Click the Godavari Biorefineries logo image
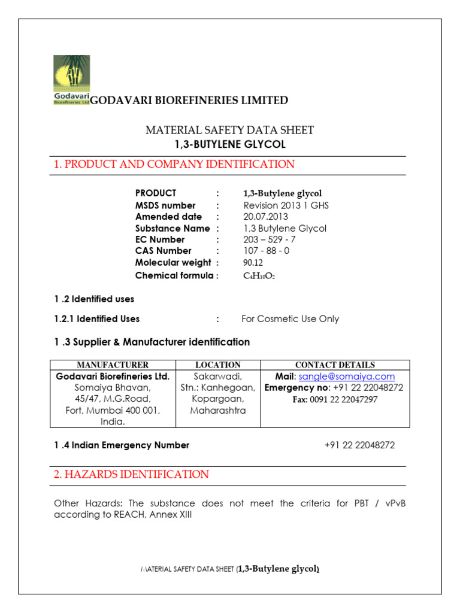tap(72, 80)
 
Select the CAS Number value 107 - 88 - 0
tap(266, 251)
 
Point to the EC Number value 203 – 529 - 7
tap(269, 239)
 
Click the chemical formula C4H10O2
tap(259, 276)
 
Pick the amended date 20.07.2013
tap(265, 217)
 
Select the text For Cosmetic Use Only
tap(290, 318)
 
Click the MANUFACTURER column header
tap(113, 365)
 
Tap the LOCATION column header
tap(218, 365)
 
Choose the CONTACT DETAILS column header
tap(335, 365)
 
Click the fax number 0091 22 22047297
tap(335, 399)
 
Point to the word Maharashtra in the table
tap(218, 411)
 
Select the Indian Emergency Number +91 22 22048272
tap(359, 445)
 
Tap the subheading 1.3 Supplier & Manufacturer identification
tap(152, 342)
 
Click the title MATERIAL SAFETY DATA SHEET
tap(230, 130)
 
